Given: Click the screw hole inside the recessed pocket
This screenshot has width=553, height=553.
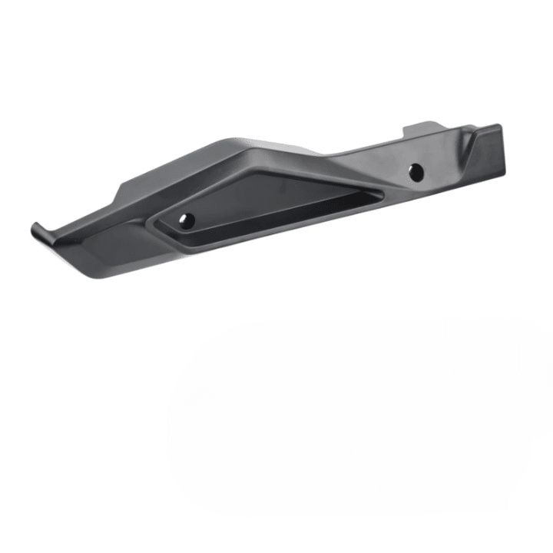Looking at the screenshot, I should [x=186, y=220].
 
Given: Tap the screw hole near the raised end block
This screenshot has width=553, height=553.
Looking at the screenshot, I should [x=416, y=172].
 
